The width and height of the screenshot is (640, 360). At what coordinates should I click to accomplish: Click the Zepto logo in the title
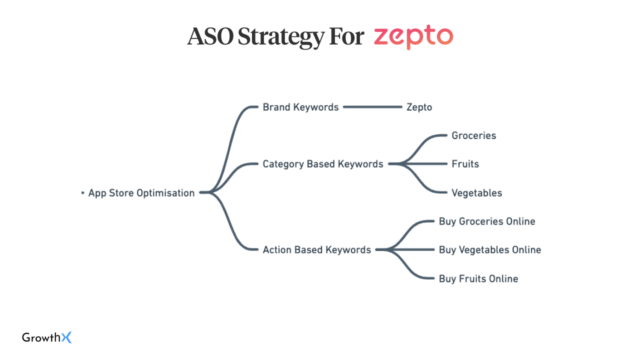coord(413,37)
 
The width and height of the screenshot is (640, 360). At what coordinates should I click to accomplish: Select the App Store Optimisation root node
coord(141,193)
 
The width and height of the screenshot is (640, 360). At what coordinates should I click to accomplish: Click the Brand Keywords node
coord(300,107)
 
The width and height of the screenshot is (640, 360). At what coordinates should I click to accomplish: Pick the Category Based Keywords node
coord(323,164)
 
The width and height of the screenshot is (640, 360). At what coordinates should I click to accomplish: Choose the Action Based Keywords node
coord(317,250)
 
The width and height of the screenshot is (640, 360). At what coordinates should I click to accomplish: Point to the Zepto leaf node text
coord(419,107)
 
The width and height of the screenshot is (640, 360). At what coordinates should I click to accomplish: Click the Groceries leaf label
coord(473,135)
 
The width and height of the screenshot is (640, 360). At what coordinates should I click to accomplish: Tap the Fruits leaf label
coord(465,164)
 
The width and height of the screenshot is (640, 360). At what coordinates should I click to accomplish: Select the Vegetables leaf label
coord(476,193)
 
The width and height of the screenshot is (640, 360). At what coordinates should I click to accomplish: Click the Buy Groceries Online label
coord(487,221)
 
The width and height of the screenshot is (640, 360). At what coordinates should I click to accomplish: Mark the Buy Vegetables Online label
coord(490,250)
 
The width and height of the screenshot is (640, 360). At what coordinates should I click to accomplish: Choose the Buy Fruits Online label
coord(478,278)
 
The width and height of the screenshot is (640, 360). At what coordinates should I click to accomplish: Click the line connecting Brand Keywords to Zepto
coord(372,107)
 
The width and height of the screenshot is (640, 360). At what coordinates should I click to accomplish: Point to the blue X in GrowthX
coord(66,337)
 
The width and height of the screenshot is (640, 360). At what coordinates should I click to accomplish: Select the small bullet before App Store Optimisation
coord(83,193)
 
